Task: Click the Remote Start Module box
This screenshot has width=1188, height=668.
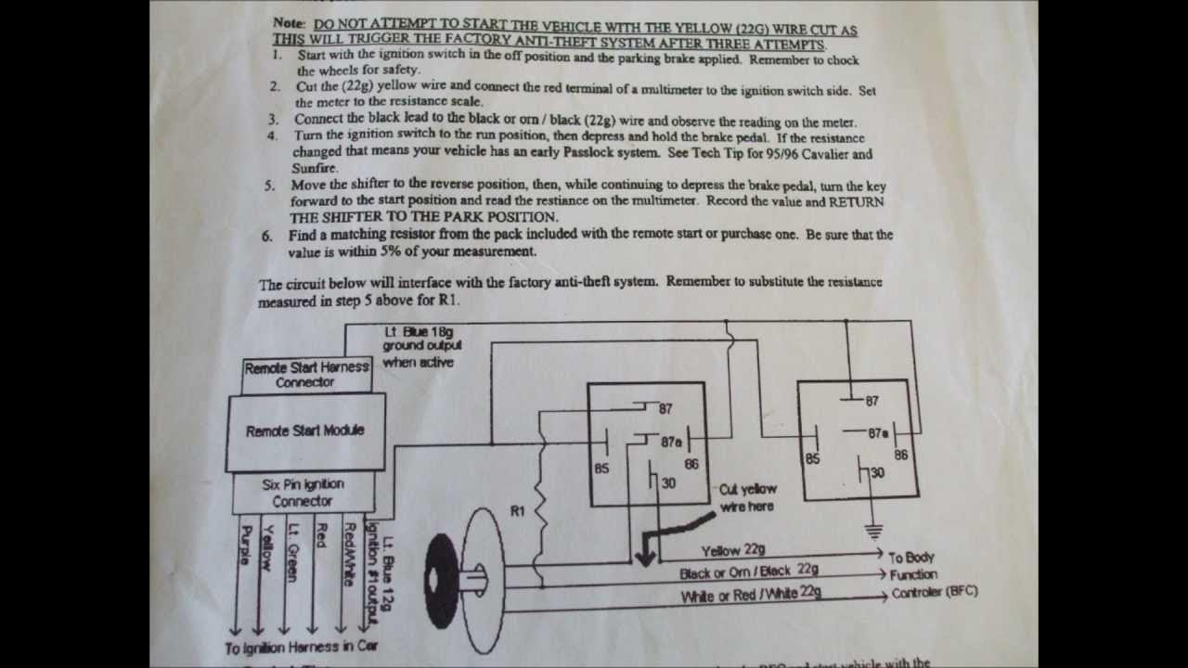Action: tap(305, 431)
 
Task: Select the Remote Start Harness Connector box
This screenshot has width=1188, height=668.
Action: tap(306, 375)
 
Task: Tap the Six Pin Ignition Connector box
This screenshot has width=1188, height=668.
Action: tap(303, 493)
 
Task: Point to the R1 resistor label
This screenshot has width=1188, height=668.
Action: tap(518, 511)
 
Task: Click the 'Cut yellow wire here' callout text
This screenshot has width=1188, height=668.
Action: tap(747, 498)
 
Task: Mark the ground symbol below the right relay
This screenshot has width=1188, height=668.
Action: tap(873, 531)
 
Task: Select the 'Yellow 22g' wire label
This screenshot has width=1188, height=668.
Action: tap(733, 551)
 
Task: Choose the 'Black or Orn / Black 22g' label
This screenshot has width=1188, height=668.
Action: tap(748, 572)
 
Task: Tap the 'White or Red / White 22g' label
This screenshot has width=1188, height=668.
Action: tap(751, 595)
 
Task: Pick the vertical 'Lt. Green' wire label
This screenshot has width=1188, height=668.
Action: tap(293, 553)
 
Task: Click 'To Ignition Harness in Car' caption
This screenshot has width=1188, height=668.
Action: tap(302, 648)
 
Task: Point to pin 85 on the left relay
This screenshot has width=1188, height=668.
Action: tap(601, 469)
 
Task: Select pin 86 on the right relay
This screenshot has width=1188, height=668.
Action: tap(900, 456)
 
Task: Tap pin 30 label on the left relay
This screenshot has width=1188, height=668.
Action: tap(668, 483)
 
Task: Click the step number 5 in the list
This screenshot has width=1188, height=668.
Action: tap(269, 186)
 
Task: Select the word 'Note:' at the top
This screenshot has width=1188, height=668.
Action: tap(291, 21)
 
